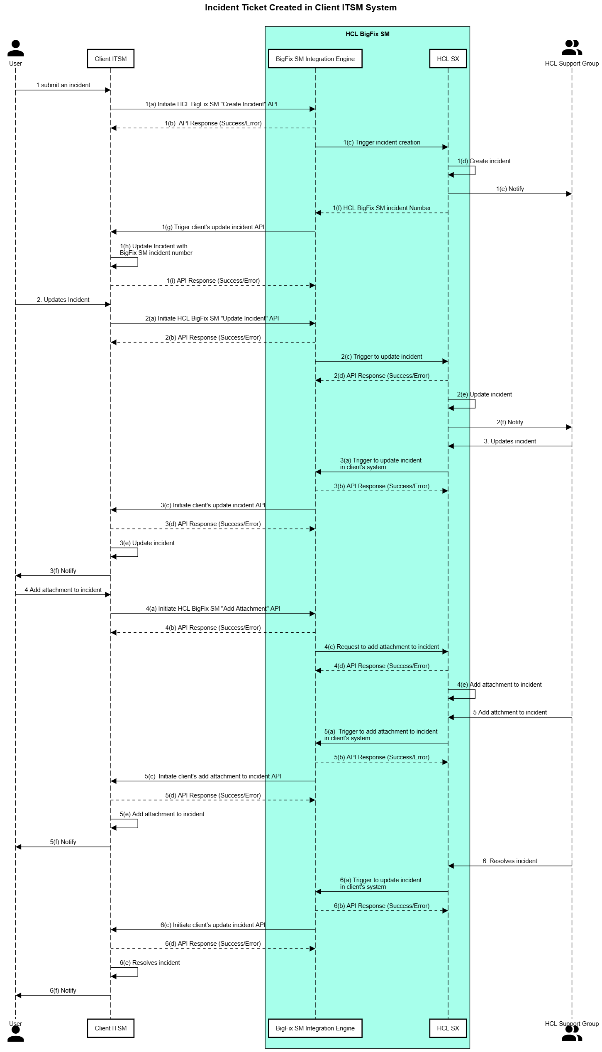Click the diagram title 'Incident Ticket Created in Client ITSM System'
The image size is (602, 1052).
click(300, 7)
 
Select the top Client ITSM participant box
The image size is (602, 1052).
click(110, 59)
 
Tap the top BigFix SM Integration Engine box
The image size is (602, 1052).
click(315, 59)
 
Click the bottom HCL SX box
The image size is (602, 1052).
click(448, 1028)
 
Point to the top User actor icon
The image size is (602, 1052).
click(15, 48)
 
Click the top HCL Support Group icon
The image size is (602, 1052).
click(571, 48)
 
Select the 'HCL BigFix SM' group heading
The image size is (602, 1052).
click(367, 34)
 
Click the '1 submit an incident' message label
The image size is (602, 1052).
click(63, 85)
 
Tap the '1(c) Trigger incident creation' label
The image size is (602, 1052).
click(381, 142)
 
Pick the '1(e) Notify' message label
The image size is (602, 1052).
click(509, 189)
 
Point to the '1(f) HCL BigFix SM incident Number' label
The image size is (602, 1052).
click(381, 208)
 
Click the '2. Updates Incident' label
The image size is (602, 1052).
click(63, 300)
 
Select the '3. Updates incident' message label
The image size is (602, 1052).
click(509, 441)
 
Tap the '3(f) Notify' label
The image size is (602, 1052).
click(63, 571)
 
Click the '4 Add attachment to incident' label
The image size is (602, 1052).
click(63, 590)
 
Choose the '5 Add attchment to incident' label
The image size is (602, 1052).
click(509, 712)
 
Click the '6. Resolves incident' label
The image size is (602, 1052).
click(509, 861)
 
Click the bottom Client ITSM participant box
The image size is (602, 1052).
click(110, 1028)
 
